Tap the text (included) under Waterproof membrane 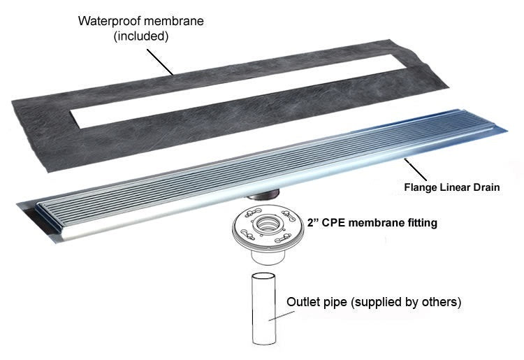(x=140, y=36)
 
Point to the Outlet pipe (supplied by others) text (x=374, y=303)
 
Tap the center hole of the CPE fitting (x=266, y=225)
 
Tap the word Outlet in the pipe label (x=304, y=303)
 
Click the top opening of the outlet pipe (x=267, y=277)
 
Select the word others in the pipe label (x=439, y=303)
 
